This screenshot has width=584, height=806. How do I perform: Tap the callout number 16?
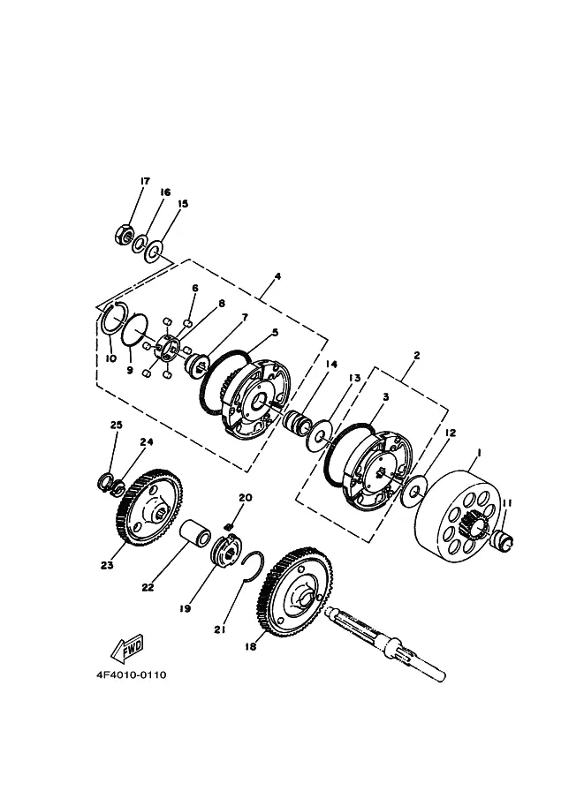(164, 192)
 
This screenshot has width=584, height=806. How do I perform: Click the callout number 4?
(277, 276)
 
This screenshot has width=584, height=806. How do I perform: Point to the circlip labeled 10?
(110, 317)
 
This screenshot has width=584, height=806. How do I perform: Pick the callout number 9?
(129, 371)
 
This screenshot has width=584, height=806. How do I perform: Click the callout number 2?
(416, 355)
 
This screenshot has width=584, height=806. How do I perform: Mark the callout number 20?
(246, 498)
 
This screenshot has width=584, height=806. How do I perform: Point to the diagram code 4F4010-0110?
(132, 675)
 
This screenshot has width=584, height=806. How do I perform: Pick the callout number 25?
(116, 426)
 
